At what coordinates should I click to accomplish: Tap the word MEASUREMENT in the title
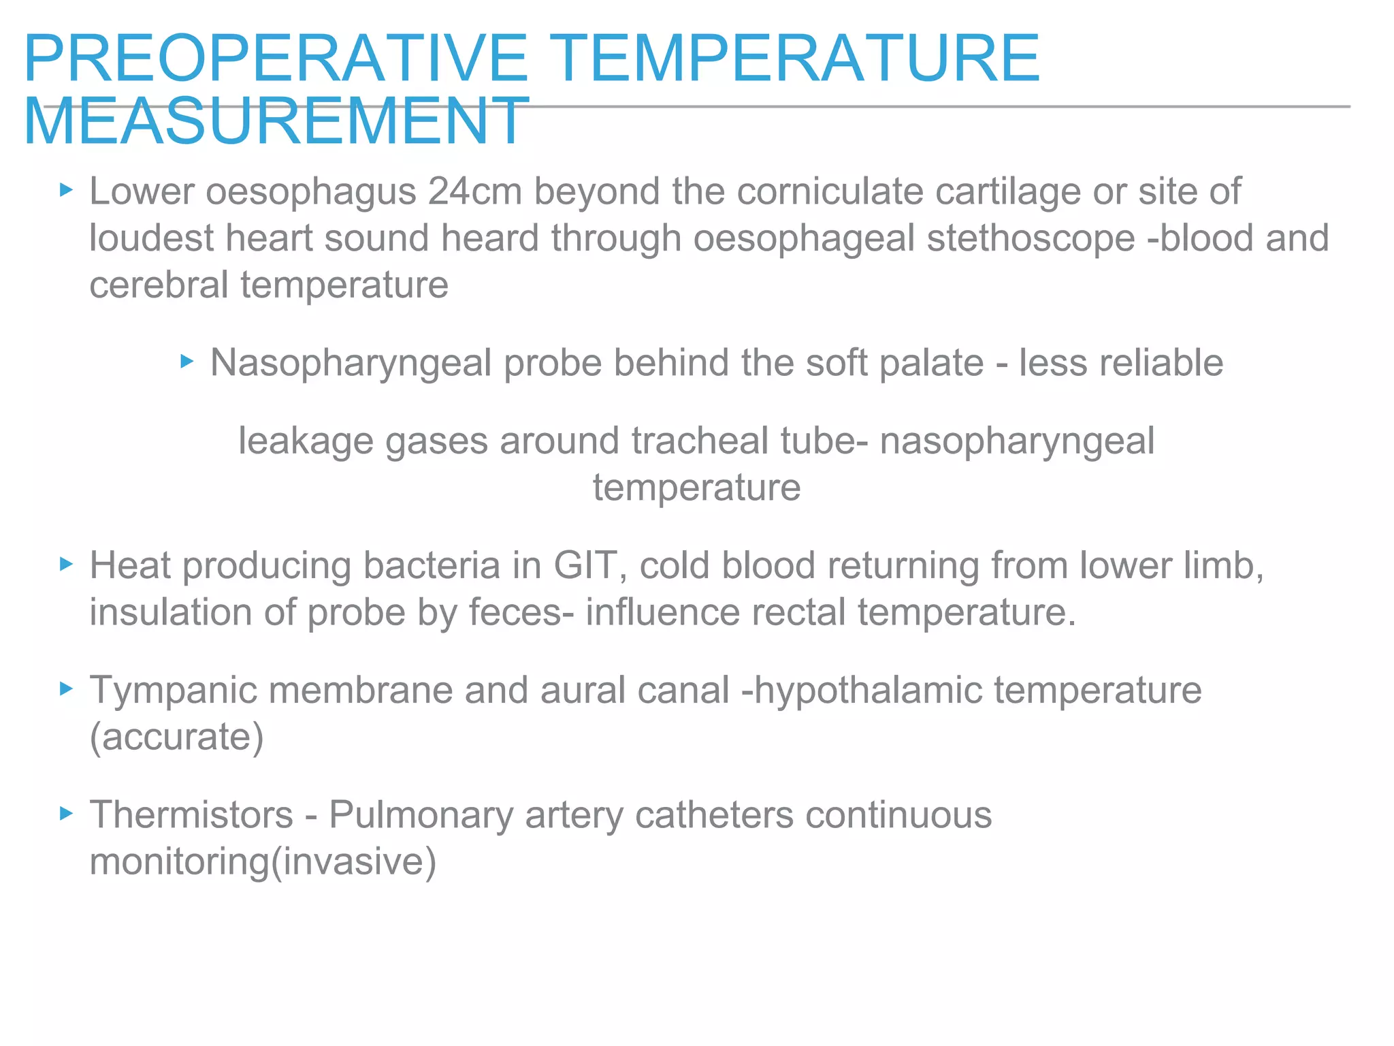point(276,122)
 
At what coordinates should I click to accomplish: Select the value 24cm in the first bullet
point(474,191)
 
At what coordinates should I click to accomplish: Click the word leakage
point(306,441)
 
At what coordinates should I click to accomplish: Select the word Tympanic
point(174,691)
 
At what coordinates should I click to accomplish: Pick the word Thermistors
point(191,815)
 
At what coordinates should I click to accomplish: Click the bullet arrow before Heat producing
point(66,564)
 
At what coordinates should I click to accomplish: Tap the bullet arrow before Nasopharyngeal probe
point(187,361)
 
